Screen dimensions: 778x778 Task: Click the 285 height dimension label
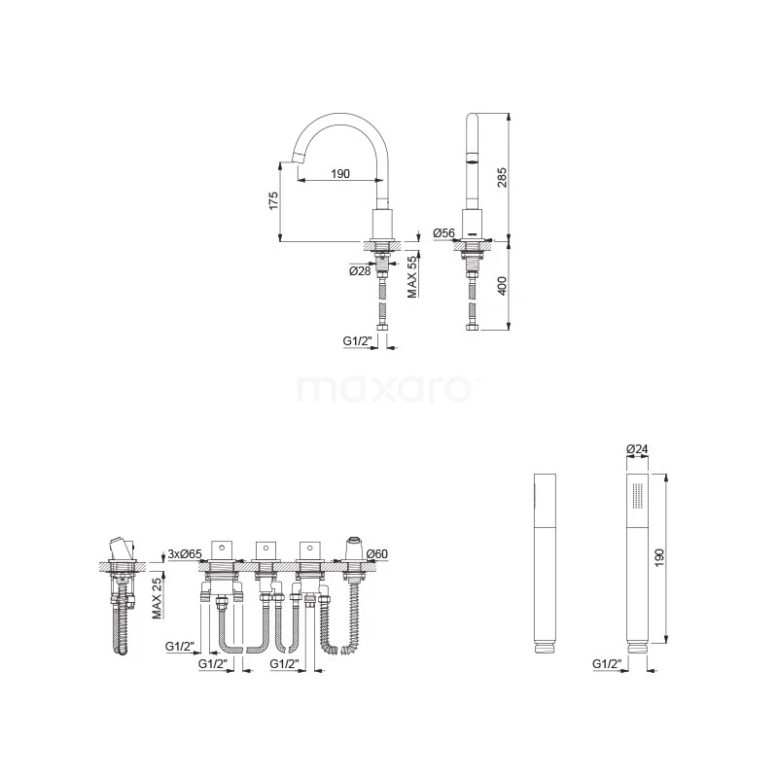pos(502,177)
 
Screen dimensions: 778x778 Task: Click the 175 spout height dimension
pos(273,201)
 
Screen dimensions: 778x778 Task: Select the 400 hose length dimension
pos(502,286)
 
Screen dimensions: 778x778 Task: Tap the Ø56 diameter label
pos(443,232)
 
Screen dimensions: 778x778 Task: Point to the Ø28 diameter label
pos(360,271)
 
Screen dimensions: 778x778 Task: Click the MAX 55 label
pos(412,277)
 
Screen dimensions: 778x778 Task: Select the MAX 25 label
pos(158,598)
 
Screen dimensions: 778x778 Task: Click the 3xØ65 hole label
pos(185,553)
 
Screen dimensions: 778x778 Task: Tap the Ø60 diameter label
pos(377,553)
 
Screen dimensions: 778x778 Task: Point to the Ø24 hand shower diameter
pos(637,449)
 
